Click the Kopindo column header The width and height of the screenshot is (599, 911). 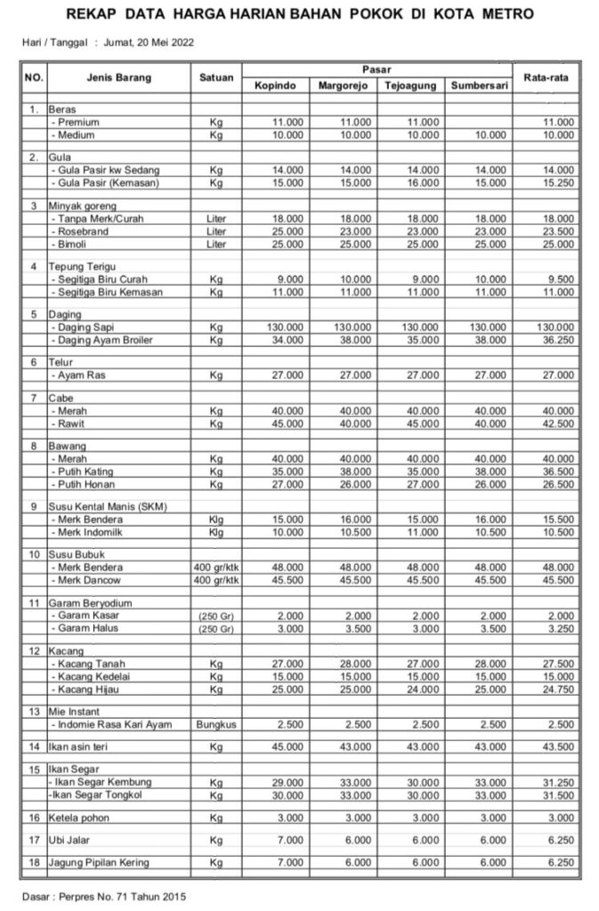point(274,85)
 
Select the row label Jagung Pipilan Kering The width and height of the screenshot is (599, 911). point(99,862)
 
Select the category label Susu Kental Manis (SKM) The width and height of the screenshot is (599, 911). point(108,506)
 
